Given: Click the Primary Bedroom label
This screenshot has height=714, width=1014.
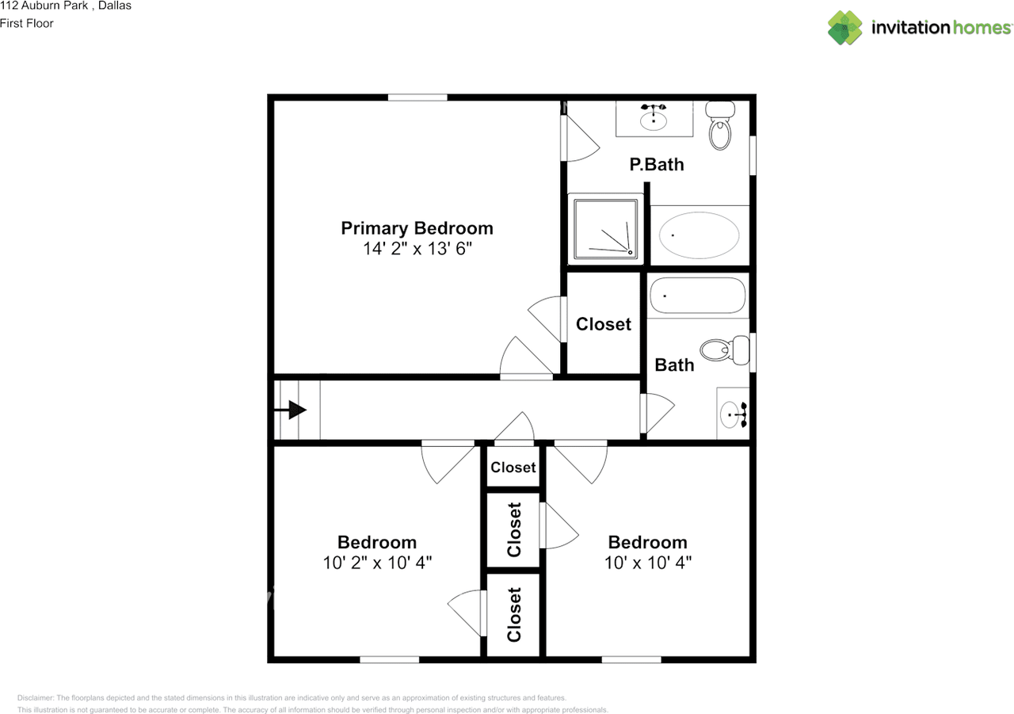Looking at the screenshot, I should coord(417,228).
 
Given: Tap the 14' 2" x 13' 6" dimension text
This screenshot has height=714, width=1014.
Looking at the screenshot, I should coord(417,249).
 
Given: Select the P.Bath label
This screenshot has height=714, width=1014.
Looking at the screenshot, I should coord(656,165).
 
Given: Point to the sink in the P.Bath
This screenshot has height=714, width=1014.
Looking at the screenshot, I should coord(654,119).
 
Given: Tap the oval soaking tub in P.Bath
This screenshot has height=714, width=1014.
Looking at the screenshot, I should coord(700,235).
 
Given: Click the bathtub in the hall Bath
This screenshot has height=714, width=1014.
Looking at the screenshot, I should coord(697,296).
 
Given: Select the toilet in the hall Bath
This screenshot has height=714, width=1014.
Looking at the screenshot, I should coord(724,349).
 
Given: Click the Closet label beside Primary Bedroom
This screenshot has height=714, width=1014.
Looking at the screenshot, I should coord(604,324).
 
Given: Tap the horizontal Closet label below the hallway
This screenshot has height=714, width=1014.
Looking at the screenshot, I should coord(513,468).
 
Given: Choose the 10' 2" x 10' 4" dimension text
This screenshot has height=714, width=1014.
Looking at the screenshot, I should coord(377,563).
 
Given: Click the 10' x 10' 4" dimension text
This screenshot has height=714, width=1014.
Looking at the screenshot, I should coord(647,563).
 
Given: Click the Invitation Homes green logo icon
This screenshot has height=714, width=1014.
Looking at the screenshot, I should coord(845,28).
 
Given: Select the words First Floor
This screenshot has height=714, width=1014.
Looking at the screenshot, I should coord(27,23).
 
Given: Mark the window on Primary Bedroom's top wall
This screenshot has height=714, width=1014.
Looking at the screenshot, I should coord(417,97).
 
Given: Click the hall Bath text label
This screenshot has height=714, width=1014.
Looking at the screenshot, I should coord(674,365).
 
